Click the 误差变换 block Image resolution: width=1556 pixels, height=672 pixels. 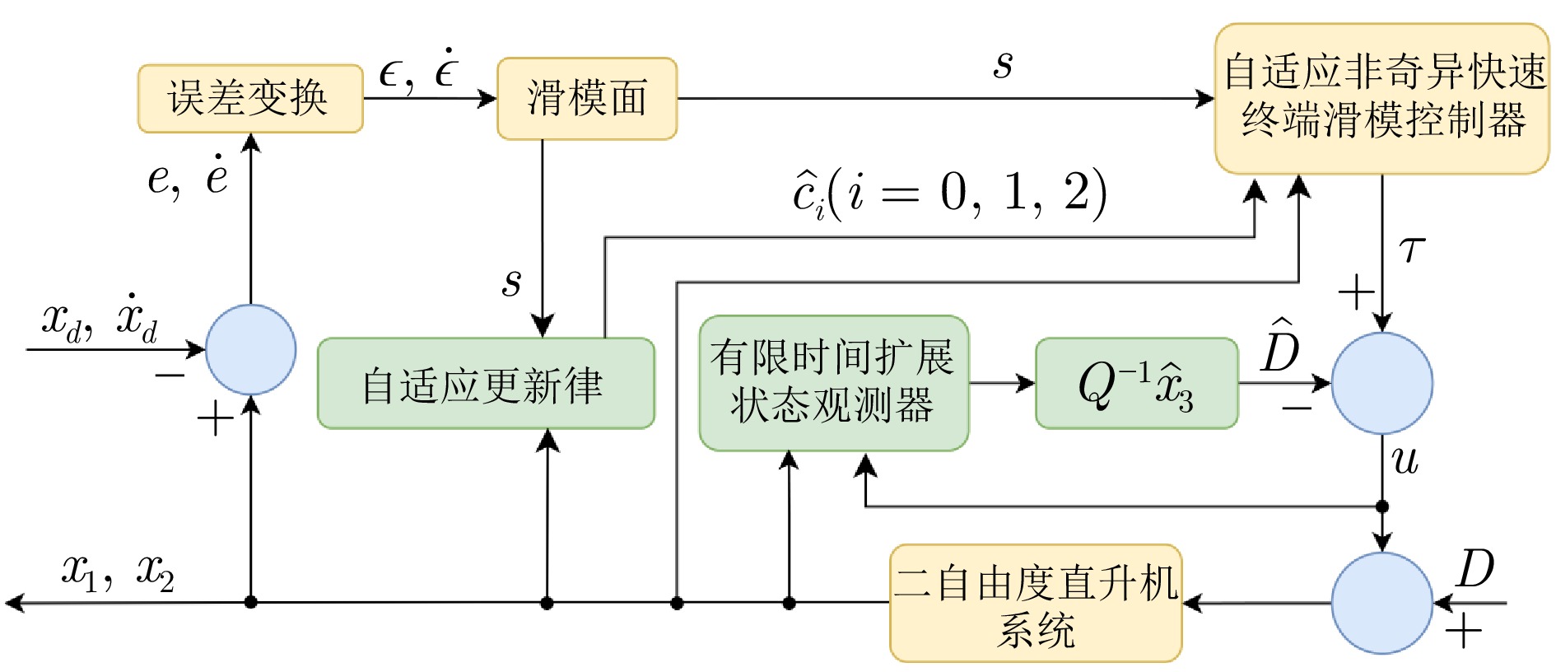(250, 99)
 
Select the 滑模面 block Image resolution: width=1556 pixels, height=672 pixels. (586, 99)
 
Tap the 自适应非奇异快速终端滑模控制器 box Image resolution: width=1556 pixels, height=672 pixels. (1381, 99)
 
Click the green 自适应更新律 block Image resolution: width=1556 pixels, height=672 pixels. (486, 384)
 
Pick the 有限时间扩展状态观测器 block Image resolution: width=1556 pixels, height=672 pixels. (833, 383)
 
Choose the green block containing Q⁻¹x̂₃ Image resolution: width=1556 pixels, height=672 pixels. (1136, 384)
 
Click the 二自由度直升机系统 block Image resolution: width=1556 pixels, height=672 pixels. (1036, 603)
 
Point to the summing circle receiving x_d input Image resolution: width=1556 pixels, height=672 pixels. (250, 349)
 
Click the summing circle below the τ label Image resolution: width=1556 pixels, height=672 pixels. (1381, 383)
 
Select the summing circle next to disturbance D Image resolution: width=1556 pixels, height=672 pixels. (1381, 603)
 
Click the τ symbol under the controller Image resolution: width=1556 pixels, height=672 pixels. (1411, 249)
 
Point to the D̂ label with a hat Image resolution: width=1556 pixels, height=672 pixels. (1279, 346)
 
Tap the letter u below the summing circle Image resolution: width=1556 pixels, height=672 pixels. (1405, 460)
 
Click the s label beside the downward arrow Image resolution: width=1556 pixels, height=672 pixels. (512, 282)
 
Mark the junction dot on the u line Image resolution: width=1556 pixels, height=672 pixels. (1381, 506)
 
